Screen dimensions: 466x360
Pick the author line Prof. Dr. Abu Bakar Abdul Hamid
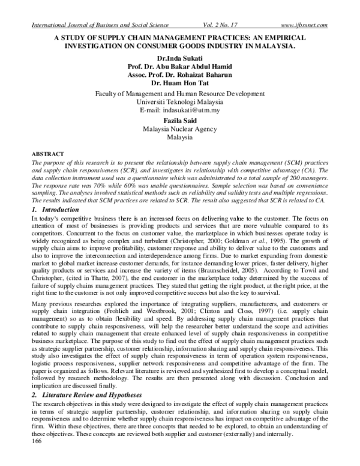tap(180, 68)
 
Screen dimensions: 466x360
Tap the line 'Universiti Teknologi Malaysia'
tap(180, 102)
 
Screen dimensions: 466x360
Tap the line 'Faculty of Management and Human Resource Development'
tap(180, 94)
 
